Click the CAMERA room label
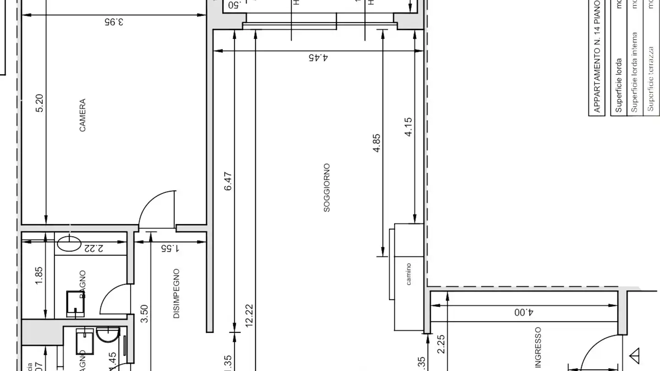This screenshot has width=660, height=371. [82, 115]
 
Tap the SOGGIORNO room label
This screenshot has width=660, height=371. [327, 188]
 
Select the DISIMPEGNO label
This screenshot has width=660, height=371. [176, 294]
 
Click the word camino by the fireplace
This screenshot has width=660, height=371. [408, 274]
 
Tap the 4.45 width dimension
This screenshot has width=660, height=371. [318, 58]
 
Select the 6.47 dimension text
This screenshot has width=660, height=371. [229, 181]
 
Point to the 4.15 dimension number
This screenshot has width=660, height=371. [408, 127]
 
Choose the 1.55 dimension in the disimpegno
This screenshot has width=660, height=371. [170, 248]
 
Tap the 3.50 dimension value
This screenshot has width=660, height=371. [144, 314]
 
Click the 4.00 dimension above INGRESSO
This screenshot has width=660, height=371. [524, 313]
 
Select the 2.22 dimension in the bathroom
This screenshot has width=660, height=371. [93, 248]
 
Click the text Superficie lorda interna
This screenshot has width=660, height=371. [634, 72]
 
